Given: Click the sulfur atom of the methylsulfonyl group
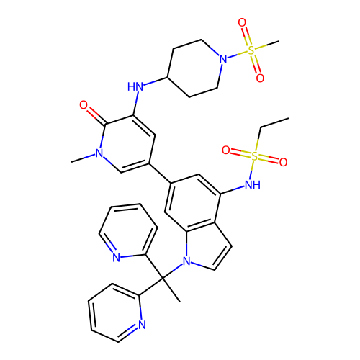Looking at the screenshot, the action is (x=251, y=50).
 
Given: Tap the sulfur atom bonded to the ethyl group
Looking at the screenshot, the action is (x=254, y=156).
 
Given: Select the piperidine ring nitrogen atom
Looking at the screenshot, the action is (x=223, y=59).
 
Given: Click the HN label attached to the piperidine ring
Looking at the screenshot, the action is (x=135, y=86).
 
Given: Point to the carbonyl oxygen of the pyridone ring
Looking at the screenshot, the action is (x=84, y=105).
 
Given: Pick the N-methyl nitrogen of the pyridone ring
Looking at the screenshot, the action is (x=99, y=153).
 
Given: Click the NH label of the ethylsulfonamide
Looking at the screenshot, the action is (x=253, y=184).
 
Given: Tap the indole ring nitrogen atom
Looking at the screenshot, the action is (x=186, y=261).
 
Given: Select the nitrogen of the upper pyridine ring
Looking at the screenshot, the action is (x=117, y=258).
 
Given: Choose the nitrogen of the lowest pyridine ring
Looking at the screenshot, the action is (x=142, y=325).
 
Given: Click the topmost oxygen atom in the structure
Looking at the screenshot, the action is (x=242, y=23).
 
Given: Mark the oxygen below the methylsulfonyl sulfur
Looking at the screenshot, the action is (x=260, y=78).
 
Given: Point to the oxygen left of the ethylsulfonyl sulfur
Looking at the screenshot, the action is (x=226, y=150).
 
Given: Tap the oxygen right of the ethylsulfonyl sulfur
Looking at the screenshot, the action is (x=283, y=163).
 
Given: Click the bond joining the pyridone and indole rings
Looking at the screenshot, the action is (x=160, y=174).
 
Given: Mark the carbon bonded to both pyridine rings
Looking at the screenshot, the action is (x=163, y=279).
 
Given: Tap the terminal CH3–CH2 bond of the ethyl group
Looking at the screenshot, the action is (x=274, y=122).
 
